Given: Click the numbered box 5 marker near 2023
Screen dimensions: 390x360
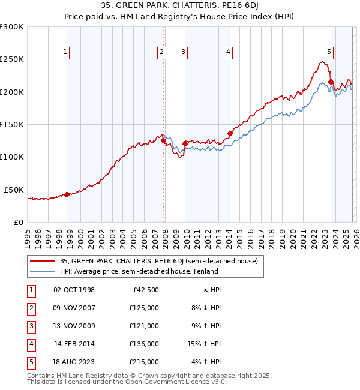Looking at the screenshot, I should (x=329, y=52).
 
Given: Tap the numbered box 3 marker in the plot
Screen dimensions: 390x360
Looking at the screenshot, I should (x=182, y=52).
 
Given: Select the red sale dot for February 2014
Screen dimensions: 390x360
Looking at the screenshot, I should (x=230, y=133).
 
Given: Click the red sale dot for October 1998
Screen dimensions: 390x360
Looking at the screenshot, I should (x=67, y=194).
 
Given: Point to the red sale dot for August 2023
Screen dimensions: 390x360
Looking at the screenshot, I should (x=331, y=82).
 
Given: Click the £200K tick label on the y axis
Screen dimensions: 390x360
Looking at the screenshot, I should (x=12, y=92).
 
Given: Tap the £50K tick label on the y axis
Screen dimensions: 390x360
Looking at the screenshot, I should (x=14, y=190).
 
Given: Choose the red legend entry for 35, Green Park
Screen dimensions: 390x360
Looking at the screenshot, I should (x=158, y=261).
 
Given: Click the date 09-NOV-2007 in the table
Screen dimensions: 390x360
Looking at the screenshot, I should (x=74, y=308).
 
